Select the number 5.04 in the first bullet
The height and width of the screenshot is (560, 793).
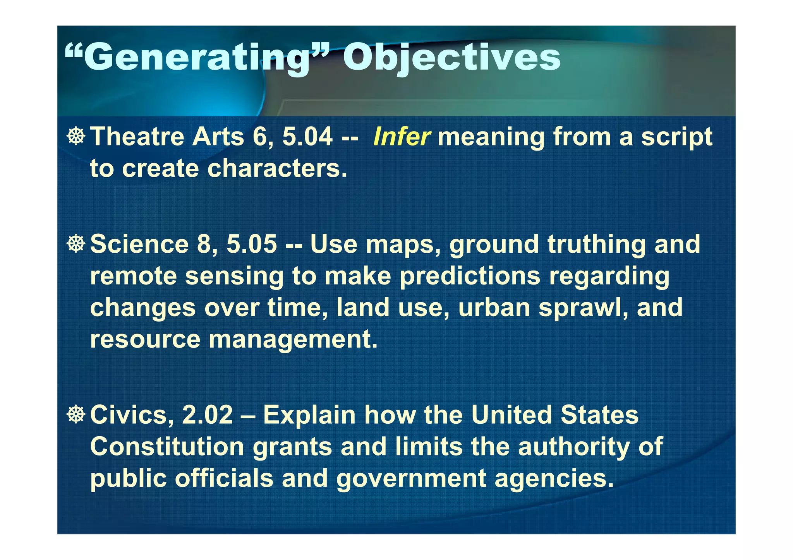307,137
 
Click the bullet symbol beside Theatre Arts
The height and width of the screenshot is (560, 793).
76,136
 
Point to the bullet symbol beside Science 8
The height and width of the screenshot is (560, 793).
76,244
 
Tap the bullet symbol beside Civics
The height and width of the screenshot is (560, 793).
76,414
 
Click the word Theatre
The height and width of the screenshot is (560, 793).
137,137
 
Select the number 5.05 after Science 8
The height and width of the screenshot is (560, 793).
252,245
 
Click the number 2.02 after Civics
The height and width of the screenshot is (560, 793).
208,415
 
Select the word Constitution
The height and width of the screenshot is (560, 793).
167,447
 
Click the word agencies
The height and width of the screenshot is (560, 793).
554,479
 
